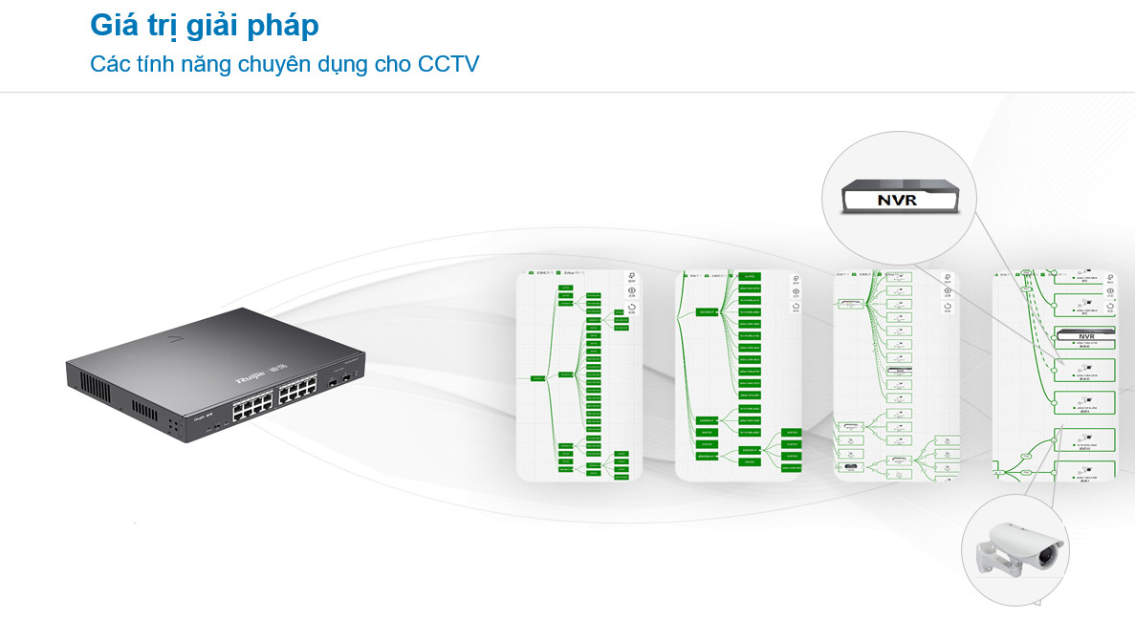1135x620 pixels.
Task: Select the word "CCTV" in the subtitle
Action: click(448, 65)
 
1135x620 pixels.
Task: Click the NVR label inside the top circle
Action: click(896, 201)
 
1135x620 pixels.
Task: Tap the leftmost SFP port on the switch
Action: click(332, 381)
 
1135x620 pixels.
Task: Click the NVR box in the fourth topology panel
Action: click(1084, 334)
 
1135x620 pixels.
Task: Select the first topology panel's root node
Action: click(537, 378)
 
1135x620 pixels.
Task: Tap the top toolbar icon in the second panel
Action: click(796, 278)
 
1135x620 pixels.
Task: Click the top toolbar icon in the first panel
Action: click(632, 278)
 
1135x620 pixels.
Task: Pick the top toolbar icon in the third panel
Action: click(947, 278)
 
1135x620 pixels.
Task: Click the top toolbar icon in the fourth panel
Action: click(1109, 278)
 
